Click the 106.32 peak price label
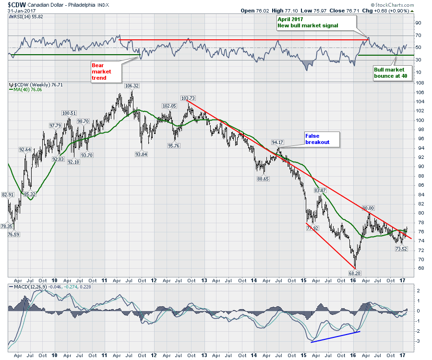[x=132, y=85]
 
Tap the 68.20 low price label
[x=355, y=273]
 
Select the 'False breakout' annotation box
[x=322, y=139]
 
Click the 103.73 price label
[x=187, y=97]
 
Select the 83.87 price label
[x=320, y=191]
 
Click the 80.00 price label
[x=368, y=208]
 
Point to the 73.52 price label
[x=401, y=249]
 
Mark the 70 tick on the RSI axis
[x=418, y=35]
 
